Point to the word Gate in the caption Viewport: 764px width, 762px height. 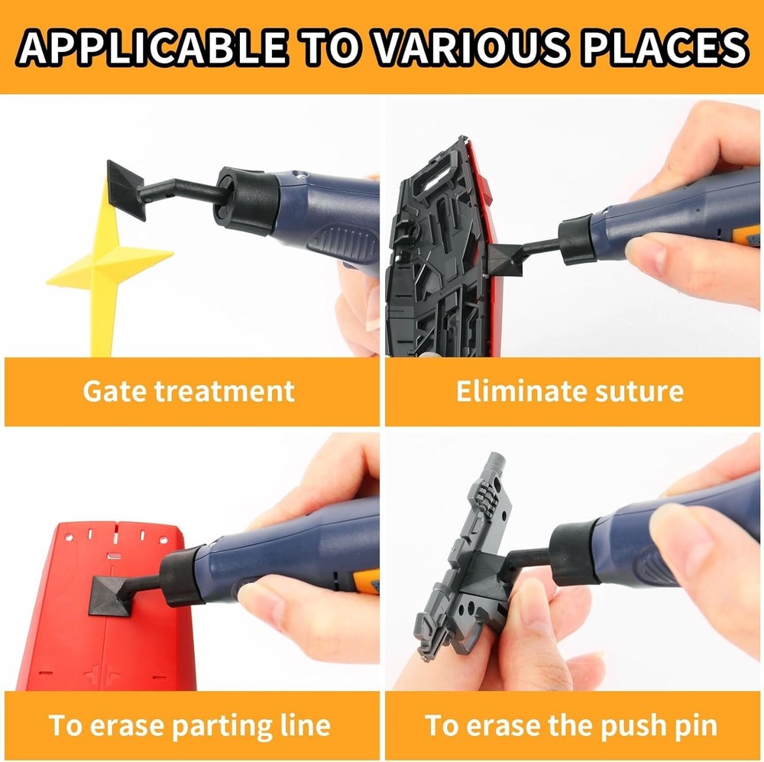[115, 391]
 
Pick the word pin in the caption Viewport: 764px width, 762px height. [691, 725]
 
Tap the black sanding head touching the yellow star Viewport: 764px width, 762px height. [126, 190]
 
